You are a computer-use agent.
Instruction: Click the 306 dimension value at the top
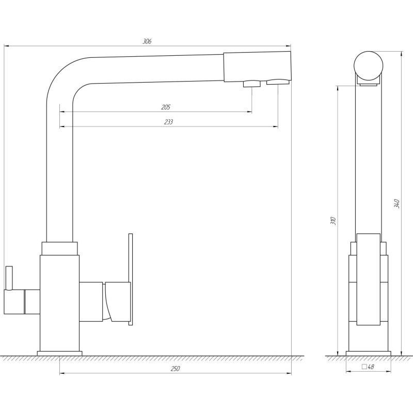pyautogui.click(x=147, y=41)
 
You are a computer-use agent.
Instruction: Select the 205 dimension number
pyautogui.click(x=166, y=107)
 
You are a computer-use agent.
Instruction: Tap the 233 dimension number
pyautogui.click(x=168, y=122)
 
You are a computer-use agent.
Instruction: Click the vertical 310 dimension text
pyautogui.click(x=333, y=220)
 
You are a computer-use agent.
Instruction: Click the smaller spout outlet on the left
pyautogui.click(x=251, y=84)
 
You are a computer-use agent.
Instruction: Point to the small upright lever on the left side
pyautogui.click(x=8, y=278)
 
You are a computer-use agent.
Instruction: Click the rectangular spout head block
pyautogui.click(x=257, y=66)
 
